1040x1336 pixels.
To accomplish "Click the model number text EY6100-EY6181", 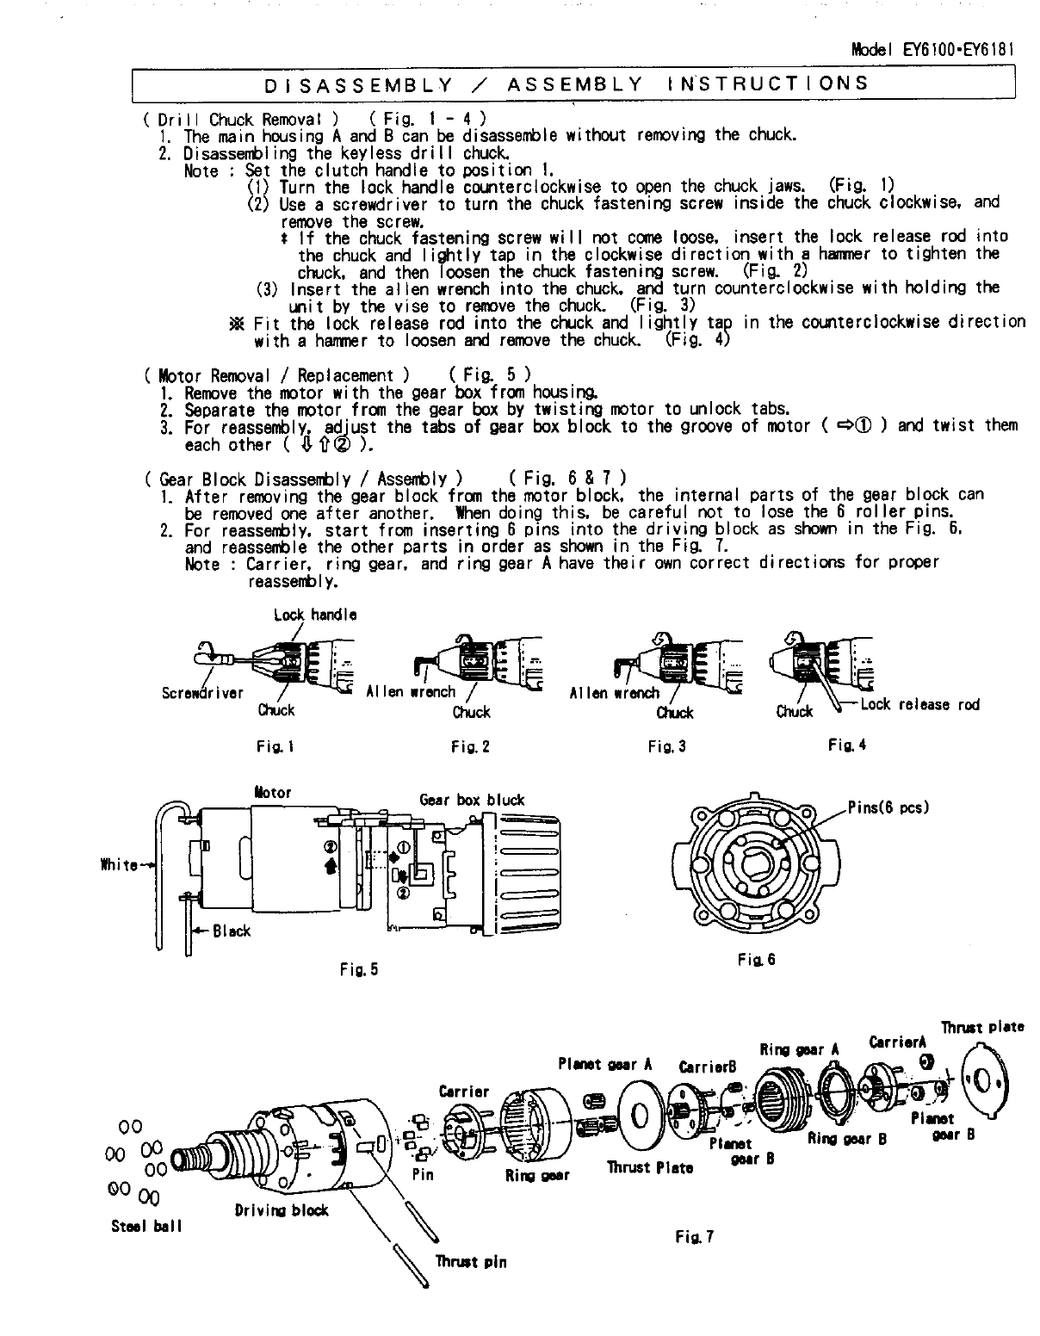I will tap(957, 50).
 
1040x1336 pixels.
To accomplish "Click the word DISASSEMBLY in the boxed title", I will tap(358, 84).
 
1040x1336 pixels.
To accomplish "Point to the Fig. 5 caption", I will tap(358, 970).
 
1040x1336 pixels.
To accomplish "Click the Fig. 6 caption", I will tap(756, 959).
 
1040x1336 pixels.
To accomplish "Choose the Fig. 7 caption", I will tap(695, 1238).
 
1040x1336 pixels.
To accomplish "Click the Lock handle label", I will tap(314, 615).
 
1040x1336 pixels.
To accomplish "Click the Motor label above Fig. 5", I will tap(273, 793).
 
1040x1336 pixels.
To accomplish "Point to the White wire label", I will tap(118, 865).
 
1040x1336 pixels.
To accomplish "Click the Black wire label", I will tap(232, 931).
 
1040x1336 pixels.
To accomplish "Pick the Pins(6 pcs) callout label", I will tap(888, 808).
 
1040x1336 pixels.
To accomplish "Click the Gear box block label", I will tap(472, 800).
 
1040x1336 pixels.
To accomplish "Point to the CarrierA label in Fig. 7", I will tap(897, 1043).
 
